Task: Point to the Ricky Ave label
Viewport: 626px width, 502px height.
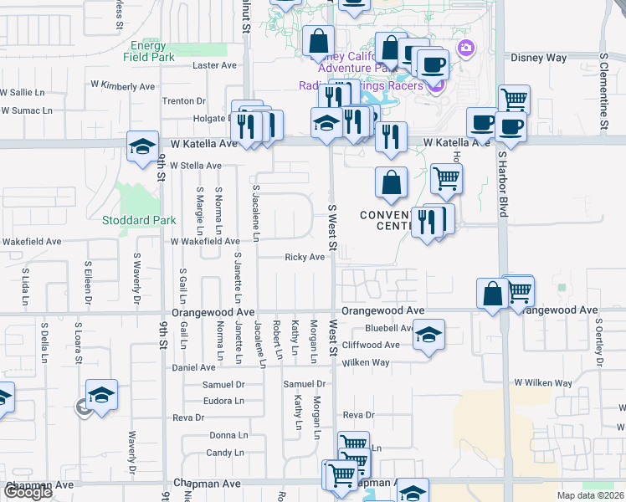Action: coord(305,258)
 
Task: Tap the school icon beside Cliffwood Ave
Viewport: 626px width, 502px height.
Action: coord(428,336)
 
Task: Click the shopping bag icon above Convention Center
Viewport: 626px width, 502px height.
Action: coord(391,182)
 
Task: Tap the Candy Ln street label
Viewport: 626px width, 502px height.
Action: coord(224,453)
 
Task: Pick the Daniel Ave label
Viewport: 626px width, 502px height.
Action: coord(194,367)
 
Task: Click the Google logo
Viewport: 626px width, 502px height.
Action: coord(28,492)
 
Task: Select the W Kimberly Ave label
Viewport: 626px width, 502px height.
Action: coord(123,86)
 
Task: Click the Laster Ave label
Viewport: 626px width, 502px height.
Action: coord(216,65)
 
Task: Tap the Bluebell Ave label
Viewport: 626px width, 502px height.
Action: coord(389,329)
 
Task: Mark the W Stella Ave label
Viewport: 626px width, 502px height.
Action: coord(195,166)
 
